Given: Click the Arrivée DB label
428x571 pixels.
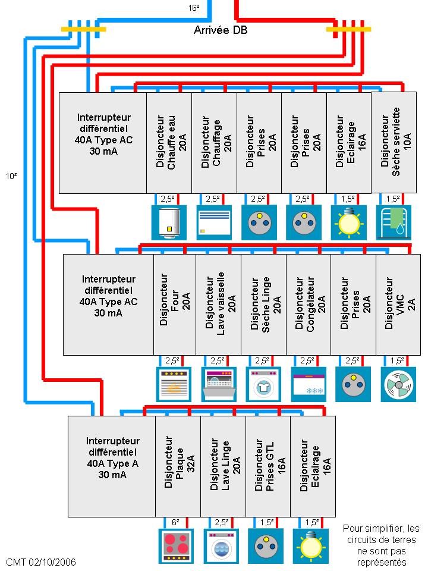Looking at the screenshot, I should pos(221,30).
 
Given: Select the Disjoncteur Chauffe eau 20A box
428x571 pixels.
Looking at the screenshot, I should pos(169,143).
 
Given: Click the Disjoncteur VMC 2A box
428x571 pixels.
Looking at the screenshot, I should pos(398,305).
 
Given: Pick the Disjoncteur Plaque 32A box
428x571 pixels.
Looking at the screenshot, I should pos(178,466).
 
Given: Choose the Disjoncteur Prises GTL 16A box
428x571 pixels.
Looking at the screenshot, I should pos(268,466).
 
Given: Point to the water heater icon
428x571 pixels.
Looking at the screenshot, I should pos(169,222).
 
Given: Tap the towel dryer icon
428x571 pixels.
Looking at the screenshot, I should pos(394,222).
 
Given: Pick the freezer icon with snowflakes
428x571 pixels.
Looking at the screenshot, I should pos(308,384).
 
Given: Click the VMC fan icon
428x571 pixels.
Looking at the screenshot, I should pos(398,384).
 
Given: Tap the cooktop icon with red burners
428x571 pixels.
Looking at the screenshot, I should pos(177,546).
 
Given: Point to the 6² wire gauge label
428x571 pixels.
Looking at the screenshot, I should pos(176,522).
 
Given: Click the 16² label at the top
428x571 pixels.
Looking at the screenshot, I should pos(194,7).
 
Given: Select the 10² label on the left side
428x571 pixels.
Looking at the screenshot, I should pos(11,176).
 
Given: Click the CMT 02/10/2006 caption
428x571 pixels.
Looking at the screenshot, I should pos(40,562).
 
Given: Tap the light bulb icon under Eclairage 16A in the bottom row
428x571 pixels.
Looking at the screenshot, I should pos(311,546).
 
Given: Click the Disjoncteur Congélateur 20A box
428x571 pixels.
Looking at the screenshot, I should pos(308,305).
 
